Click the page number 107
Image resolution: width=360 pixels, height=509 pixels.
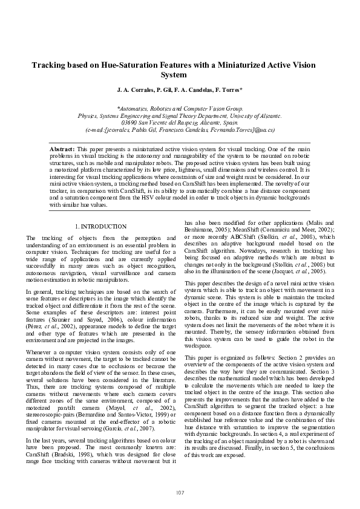coord(180,493)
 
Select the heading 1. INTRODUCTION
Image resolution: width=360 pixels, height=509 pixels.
coord(100,227)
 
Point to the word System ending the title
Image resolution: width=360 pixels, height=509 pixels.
coord(180,75)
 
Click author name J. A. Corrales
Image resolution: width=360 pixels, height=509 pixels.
coord(136,90)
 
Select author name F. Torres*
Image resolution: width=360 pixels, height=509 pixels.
coord(228,90)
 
